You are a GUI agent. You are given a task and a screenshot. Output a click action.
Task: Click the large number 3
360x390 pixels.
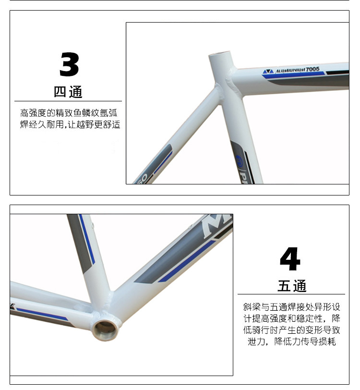pyautogui.click(x=70, y=64)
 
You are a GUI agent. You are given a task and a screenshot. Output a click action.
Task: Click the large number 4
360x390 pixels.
pyautogui.click(x=290, y=259)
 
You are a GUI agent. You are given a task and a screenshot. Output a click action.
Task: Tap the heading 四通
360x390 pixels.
pyautogui.click(x=68, y=92)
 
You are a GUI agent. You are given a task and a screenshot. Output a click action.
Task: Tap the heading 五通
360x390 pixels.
pyautogui.click(x=292, y=285)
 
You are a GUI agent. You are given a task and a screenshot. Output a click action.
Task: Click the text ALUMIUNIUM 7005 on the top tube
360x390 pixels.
pyautogui.click(x=297, y=70)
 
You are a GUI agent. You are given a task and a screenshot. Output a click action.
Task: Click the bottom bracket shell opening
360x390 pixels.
pyautogui.click(x=106, y=330)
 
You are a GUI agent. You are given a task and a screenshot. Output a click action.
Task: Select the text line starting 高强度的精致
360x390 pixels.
pyautogui.click(x=69, y=113)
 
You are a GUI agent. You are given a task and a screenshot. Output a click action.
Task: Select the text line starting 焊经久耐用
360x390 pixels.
pyautogui.click(x=70, y=124)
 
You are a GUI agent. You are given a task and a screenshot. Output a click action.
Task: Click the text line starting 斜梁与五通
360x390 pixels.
pyautogui.click(x=291, y=307)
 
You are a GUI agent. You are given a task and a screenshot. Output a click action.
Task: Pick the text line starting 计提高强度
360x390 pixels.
pyautogui.click(x=291, y=318)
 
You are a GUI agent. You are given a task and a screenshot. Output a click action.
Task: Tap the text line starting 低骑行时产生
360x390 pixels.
pyautogui.click(x=291, y=330)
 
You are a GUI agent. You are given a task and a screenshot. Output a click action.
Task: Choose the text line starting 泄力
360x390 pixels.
pyautogui.click(x=291, y=341)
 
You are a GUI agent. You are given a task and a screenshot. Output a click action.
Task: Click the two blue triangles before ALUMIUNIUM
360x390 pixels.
pyautogui.click(x=268, y=72)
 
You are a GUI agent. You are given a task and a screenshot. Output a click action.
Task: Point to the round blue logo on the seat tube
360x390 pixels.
pyautogui.click(x=239, y=158)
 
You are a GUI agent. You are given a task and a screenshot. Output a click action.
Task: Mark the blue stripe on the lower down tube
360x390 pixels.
pyautogui.click(x=186, y=261)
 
